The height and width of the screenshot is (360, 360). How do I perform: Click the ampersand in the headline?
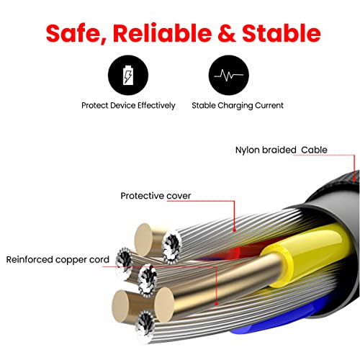tap(227, 33)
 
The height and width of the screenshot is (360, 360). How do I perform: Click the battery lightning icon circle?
tap(128, 75)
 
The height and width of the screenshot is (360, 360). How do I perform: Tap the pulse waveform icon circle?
tap(229, 75)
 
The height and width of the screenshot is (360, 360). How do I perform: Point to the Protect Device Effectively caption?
tap(128, 106)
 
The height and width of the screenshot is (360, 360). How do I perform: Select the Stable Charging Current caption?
tap(238, 106)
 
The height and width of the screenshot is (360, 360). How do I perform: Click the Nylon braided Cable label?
tap(282, 150)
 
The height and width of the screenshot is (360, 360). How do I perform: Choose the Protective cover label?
tap(156, 196)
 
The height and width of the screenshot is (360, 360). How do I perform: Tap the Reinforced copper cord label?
tap(58, 260)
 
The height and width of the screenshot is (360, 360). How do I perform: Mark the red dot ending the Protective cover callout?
tap(235, 230)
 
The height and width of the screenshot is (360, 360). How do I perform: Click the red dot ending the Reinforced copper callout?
tap(216, 304)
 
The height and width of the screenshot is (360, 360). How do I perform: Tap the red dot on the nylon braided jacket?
tap(354, 179)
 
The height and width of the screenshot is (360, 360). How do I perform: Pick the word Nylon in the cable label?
tap(248, 150)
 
